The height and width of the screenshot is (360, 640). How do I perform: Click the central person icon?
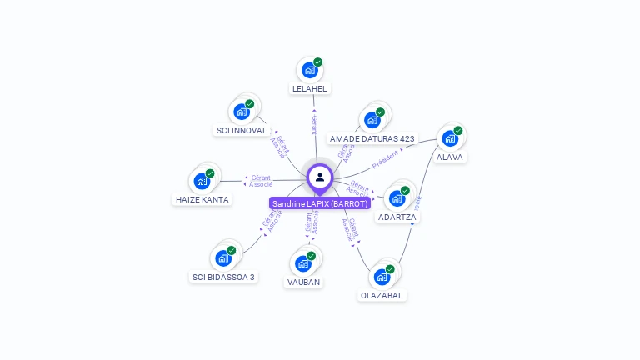pos(320,177)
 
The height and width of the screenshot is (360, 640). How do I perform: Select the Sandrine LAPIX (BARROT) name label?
pos(320,203)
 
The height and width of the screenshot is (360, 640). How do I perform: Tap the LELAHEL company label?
pos(310,88)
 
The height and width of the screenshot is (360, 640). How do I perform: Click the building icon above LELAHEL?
pos(309,70)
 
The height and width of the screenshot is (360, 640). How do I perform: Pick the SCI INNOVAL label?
pos(242,130)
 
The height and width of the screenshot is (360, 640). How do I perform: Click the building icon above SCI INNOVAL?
pos(241,112)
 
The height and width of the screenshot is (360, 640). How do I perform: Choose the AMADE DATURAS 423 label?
pos(372,138)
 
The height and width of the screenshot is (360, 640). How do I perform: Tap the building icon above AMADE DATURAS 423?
pos(372,120)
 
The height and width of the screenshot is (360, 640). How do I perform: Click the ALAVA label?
pos(450,157)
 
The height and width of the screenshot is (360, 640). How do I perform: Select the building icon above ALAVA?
pos(450,138)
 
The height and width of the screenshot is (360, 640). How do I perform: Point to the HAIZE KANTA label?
pos(202,199)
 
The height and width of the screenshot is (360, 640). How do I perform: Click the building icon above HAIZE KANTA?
pos(201,181)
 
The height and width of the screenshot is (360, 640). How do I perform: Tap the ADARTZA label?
pos(397,217)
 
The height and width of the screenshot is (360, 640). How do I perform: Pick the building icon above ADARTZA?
pos(397,198)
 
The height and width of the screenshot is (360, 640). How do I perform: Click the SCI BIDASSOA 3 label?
pos(223,277)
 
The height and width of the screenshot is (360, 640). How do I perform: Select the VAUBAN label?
pos(303,282)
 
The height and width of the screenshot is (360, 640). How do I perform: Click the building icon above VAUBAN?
pos(302,263)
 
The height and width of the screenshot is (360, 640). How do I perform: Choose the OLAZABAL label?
pos(382,295)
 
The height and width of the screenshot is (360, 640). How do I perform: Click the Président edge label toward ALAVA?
pos(386,159)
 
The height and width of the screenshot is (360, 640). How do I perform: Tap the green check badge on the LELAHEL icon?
pos(317,62)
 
